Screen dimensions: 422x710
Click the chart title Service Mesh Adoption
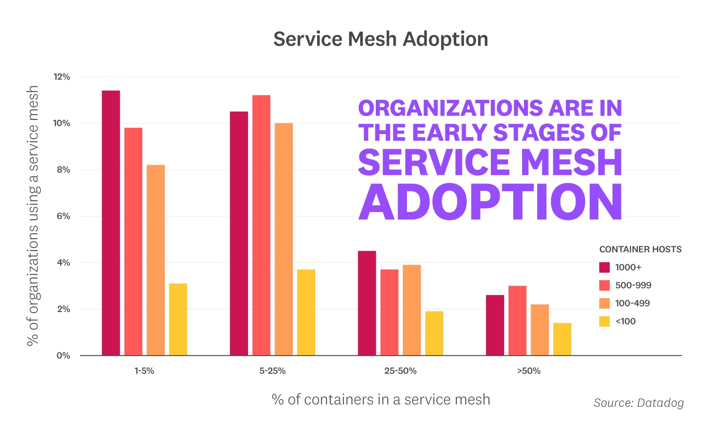(381, 39)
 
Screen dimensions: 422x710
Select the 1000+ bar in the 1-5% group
(111, 223)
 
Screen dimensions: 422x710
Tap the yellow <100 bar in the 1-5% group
(178, 319)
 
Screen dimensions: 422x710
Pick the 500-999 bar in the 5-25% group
(261, 225)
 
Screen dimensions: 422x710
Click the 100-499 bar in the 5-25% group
(284, 239)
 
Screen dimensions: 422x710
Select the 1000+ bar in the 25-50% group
(367, 303)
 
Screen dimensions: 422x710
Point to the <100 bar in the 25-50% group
(434, 333)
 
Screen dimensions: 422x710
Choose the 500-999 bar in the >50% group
(517, 321)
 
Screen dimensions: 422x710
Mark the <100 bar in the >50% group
(562, 339)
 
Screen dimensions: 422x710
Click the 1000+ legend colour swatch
(604, 268)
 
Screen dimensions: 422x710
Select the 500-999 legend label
(633, 286)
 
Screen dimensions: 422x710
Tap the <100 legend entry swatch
(604, 322)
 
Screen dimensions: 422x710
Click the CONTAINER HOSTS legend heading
(640, 250)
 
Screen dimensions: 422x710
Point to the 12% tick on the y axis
(62, 77)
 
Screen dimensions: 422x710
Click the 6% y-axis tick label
(63, 216)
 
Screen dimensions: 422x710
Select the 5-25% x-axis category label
(272, 371)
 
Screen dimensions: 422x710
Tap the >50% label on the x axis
(528, 371)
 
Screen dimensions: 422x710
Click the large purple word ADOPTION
(490, 202)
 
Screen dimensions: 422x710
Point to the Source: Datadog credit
(639, 403)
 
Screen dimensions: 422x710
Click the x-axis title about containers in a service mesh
(381, 400)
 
